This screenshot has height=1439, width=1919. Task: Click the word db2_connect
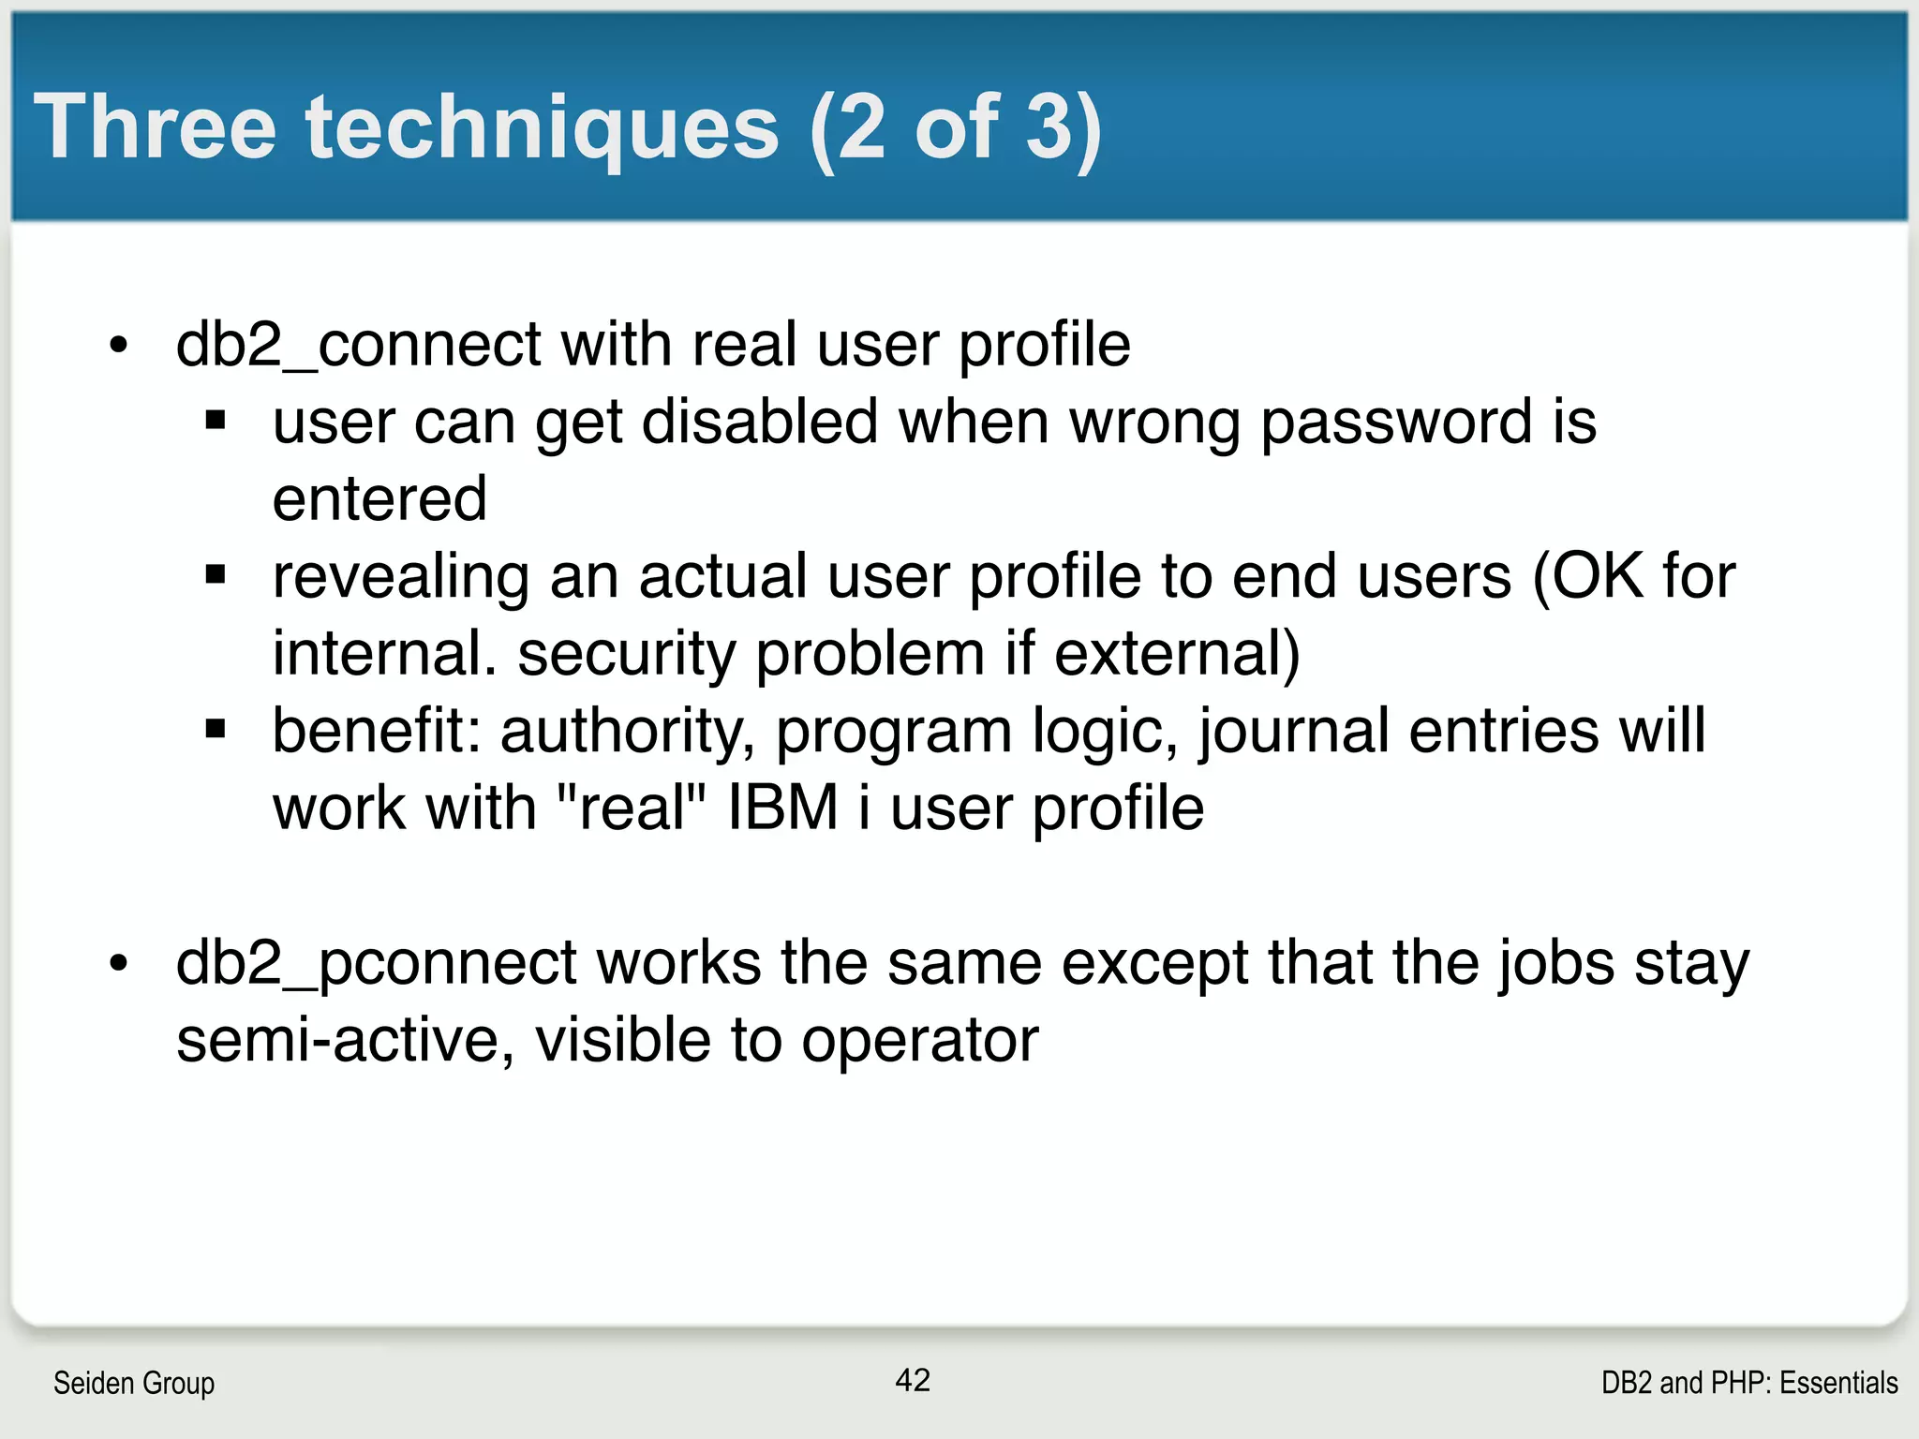[x=358, y=345]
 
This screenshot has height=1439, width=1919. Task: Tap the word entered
[x=379, y=498]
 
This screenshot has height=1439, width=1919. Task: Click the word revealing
[x=400, y=576]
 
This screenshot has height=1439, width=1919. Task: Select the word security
[x=626, y=653]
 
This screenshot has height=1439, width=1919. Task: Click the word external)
[x=1177, y=653]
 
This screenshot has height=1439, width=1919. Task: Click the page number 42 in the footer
[x=913, y=1380]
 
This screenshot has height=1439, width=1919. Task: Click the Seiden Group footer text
[x=134, y=1383]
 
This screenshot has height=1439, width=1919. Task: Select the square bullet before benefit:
[x=216, y=728]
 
